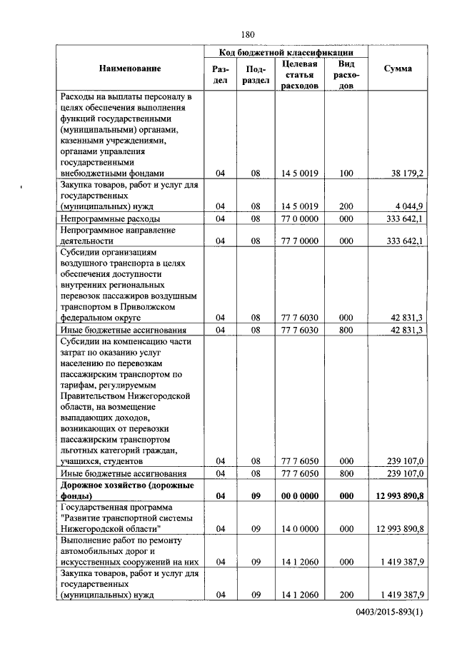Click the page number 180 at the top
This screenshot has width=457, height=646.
click(248, 34)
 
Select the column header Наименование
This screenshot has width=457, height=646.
click(130, 69)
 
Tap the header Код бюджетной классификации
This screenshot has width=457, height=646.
click(286, 53)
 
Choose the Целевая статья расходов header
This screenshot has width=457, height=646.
click(299, 74)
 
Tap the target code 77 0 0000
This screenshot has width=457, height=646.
click(299, 218)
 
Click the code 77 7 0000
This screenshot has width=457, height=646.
click(299, 241)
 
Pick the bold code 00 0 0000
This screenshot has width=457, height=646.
click(299, 495)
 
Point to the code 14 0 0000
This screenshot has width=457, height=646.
click(299, 529)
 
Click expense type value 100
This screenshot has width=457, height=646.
click(346, 173)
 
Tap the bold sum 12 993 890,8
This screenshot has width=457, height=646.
click(398, 495)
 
